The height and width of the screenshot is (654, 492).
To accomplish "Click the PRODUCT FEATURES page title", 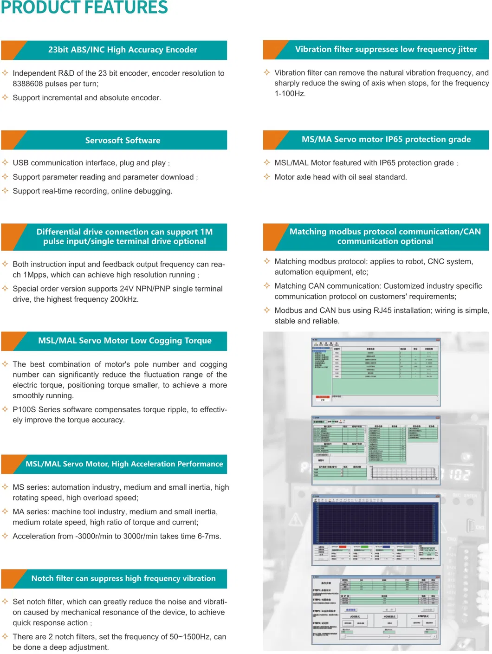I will [x=84, y=7].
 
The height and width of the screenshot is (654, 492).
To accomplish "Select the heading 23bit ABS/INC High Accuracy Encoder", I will [x=123, y=50].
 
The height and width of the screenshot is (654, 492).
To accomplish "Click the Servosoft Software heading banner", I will [x=123, y=140].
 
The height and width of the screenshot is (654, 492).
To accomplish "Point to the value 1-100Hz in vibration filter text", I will [x=290, y=94].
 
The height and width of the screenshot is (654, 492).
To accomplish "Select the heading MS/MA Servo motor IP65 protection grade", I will [x=386, y=139].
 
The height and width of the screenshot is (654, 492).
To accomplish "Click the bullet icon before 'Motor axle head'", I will [x=267, y=177].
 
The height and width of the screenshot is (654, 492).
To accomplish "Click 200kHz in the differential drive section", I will [x=123, y=299].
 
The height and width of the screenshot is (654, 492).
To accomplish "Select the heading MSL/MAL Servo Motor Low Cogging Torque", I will [x=124, y=341].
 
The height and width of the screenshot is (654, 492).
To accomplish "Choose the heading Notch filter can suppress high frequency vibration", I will [x=123, y=578].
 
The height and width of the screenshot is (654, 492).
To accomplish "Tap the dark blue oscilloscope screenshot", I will [x=375, y=529].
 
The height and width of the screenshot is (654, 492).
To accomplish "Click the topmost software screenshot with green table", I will [x=375, y=371].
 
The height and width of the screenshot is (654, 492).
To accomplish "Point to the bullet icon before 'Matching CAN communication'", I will [x=267, y=286].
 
